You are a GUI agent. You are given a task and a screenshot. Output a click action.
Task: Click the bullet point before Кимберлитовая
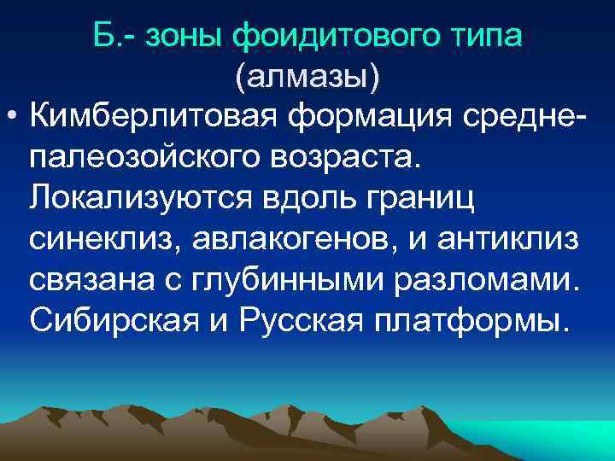(x=15, y=117)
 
